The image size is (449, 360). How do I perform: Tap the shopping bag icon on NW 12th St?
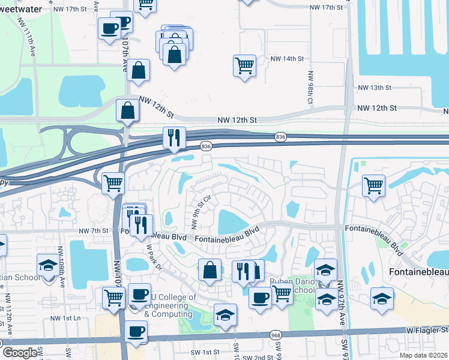click(x=127, y=111)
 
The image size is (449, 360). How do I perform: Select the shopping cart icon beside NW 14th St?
click(x=244, y=65)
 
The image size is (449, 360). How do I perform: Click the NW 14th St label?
click(x=288, y=59)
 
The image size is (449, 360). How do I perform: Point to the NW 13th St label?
click(x=374, y=88)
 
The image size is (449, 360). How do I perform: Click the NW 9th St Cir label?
click(x=200, y=212)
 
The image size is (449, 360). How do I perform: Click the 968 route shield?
click(x=276, y=335)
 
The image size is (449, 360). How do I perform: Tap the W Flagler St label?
click(x=427, y=329)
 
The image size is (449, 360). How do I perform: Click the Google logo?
click(x=20, y=353)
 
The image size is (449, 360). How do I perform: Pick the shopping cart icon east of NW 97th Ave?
click(x=373, y=185)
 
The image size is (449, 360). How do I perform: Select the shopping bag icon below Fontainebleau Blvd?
click(x=210, y=270)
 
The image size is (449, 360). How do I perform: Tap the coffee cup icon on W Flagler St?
click(x=136, y=332)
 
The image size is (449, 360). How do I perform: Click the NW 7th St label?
click(x=92, y=230)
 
